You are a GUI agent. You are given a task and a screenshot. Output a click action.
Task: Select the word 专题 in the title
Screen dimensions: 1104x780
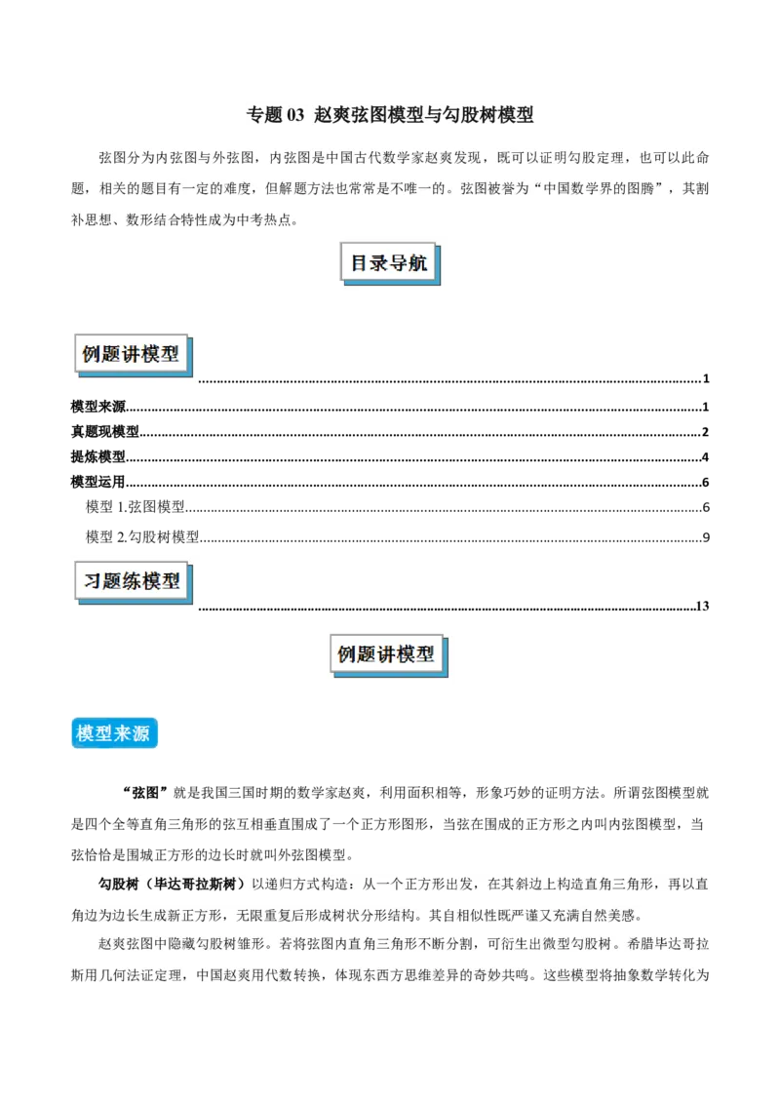tap(262, 115)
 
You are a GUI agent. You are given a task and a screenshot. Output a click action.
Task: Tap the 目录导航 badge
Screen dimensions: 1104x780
tap(389, 264)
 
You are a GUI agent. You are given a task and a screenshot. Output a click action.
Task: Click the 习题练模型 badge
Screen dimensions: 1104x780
tap(132, 582)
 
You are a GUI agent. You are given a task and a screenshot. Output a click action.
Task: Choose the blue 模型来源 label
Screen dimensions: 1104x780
tap(113, 733)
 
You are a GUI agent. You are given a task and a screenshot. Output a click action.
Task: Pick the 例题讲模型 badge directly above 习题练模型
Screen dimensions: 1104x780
tap(132, 355)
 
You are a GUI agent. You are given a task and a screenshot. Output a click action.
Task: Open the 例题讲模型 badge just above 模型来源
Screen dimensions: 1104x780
tap(386, 654)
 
